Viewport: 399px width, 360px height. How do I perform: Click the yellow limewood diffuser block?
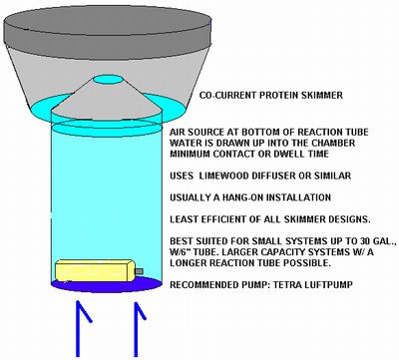point(95,271)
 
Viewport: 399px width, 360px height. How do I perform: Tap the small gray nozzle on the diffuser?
point(139,271)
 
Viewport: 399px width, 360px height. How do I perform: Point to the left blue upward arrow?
point(82,328)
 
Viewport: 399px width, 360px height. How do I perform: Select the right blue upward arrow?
point(138,328)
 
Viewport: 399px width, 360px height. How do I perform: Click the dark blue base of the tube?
point(107,285)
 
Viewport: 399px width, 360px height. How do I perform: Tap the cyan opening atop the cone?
point(108,80)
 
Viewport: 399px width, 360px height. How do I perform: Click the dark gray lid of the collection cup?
point(108,29)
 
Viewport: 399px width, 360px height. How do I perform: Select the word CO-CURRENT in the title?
point(227,96)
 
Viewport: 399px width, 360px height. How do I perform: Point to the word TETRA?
point(286,285)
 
